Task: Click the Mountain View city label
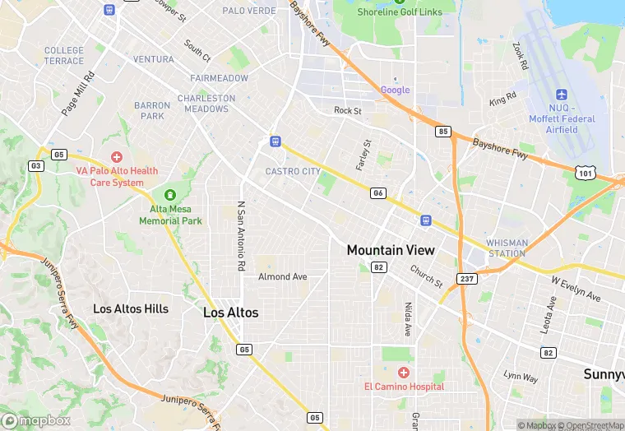[x=391, y=250]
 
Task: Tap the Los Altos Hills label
[x=131, y=309]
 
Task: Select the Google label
[x=395, y=90]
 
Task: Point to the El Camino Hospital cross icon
[x=404, y=373]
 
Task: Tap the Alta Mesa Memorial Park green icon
[x=170, y=196]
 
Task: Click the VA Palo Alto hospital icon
[x=117, y=156]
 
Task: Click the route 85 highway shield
[x=443, y=132]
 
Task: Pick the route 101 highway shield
[x=586, y=173]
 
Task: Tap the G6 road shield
[x=378, y=193]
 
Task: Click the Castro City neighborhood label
[x=293, y=172]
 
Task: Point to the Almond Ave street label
[x=282, y=277]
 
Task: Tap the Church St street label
[x=426, y=276]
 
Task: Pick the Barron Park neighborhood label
[x=152, y=111]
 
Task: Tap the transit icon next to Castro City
[x=275, y=141]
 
